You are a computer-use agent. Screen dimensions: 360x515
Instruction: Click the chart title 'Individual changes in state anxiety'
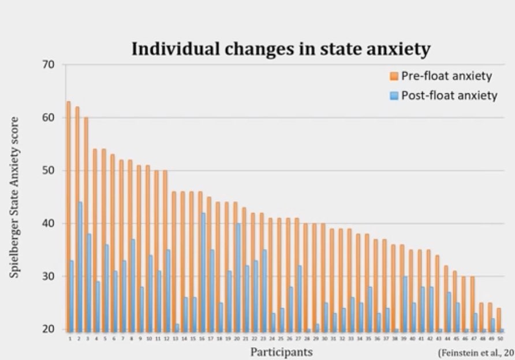pyautogui.click(x=281, y=49)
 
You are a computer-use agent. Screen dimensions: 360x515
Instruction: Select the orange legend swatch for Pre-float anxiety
pyautogui.click(x=394, y=76)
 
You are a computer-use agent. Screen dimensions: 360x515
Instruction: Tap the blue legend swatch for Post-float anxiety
pyautogui.click(x=394, y=95)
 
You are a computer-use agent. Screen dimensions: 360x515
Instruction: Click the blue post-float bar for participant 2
pyautogui.click(x=80, y=266)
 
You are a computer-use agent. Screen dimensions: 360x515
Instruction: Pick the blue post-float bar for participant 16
pyautogui.click(x=203, y=271)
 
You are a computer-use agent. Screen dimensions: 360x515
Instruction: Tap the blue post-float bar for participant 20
pyautogui.click(x=238, y=276)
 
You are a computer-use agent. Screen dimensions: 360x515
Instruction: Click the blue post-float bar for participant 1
pyautogui.click(x=72, y=295)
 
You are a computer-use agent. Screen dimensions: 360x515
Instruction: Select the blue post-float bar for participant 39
pyautogui.click(x=406, y=303)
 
